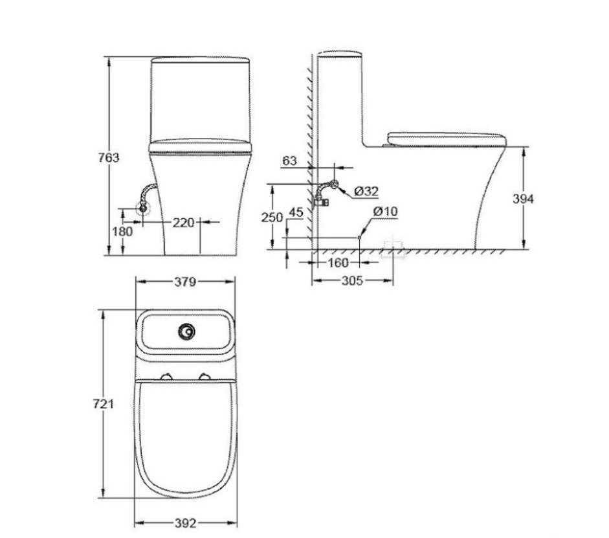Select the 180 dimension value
(122, 231)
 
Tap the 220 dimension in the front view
(184, 223)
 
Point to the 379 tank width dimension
(184, 282)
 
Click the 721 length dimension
(104, 403)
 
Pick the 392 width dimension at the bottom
(184, 523)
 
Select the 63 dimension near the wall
(290, 161)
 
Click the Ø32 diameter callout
(366, 191)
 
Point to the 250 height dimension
(272, 218)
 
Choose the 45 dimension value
(296, 212)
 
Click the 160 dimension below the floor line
(338, 263)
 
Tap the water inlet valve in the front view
(142, 208)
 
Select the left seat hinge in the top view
(167, 377)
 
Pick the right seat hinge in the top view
(206, 377)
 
